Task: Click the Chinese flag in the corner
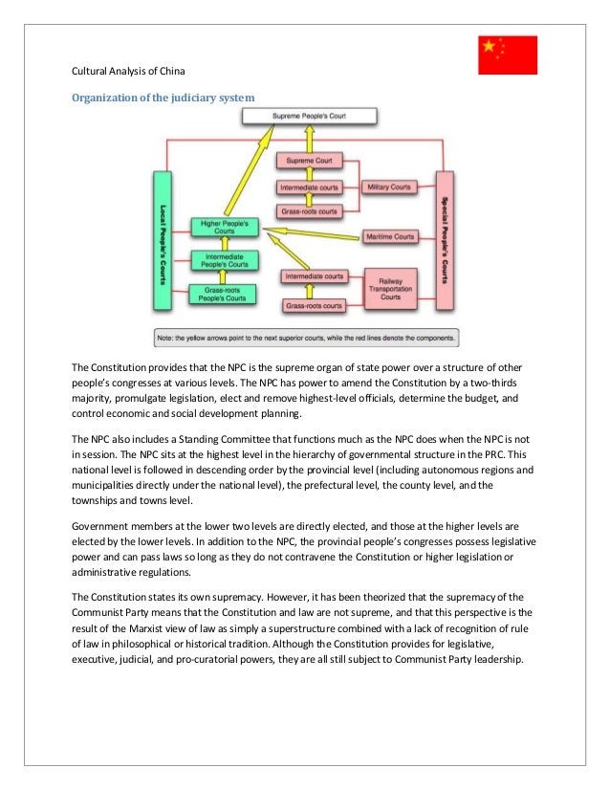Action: click(x=508, y=55)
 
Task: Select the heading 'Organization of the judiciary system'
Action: click(x=163, y=97)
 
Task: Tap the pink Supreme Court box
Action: click(x=310, y=161)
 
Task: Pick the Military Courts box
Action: click(x=389, y=187)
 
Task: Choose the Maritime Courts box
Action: click(x=389, y=235)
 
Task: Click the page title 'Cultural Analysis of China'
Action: click(x=131, y=72)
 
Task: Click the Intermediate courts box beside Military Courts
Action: click(x=310, y=187)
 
